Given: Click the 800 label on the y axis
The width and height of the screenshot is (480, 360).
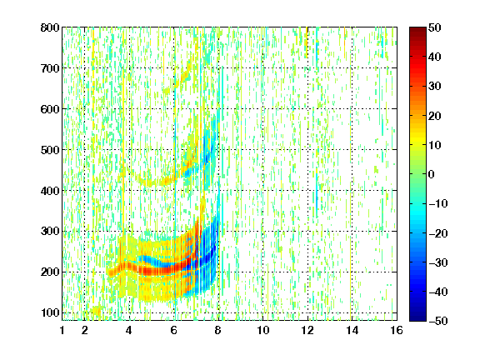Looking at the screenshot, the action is tap(50, 27).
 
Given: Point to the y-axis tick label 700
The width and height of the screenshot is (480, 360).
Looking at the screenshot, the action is tap(50, 68).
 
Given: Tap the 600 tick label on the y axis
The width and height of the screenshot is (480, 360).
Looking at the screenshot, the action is tap(50, 109).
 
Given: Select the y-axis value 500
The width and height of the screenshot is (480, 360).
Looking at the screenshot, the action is tap(50, 150).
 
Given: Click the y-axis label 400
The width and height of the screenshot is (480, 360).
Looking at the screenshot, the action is tap(50, 191).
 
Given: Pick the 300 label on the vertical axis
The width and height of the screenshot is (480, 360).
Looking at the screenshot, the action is tap(50, 232).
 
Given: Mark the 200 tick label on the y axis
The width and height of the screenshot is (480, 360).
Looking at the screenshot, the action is tap(50, 272).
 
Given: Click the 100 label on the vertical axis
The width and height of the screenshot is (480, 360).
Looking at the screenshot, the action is tap(50, 312).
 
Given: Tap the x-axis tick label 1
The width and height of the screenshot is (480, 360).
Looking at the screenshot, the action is tap(62, 330).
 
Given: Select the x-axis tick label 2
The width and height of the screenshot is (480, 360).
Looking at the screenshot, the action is tap(85, 330).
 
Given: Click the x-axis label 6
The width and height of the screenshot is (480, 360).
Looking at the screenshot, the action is tap(174, 330).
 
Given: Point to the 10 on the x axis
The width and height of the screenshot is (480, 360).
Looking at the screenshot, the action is tap(263, 330).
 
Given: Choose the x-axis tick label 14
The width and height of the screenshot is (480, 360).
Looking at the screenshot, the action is tap(352, 330).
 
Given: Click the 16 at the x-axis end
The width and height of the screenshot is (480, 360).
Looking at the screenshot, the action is tap(397, 330).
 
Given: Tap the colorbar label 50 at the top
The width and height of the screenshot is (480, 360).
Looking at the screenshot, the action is tap(435, 27).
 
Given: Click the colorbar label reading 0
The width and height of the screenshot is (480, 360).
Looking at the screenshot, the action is tap(432, 174).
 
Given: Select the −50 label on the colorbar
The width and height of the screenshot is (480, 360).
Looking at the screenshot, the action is tap(438, 321).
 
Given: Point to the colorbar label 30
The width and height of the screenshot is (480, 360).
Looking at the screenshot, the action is tap(435, 87).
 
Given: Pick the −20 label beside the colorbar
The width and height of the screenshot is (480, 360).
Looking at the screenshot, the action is tap(438, 233).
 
